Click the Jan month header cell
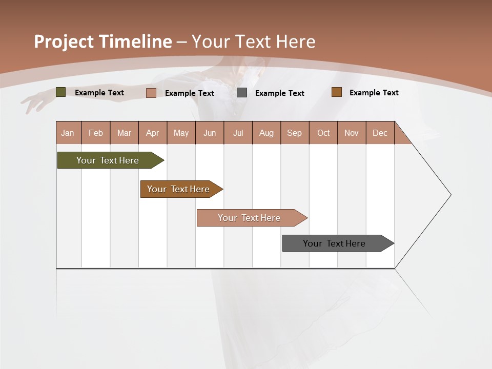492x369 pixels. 68,133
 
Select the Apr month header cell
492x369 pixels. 153,133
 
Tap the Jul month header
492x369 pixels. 238,133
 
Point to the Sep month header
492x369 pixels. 295,133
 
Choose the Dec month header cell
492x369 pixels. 380,133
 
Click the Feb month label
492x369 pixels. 96,133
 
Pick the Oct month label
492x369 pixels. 323,133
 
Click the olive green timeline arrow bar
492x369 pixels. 108,160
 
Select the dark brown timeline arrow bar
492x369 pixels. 179,189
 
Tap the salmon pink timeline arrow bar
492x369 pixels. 250,218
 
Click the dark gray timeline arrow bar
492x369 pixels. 335,243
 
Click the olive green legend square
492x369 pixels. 60,92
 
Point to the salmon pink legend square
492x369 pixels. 151,93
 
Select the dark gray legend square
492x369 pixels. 242,93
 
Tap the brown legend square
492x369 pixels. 336,92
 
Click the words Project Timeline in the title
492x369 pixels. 102,42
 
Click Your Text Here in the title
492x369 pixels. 254,42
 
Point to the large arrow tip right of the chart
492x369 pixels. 446,195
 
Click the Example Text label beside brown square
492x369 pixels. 374,93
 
